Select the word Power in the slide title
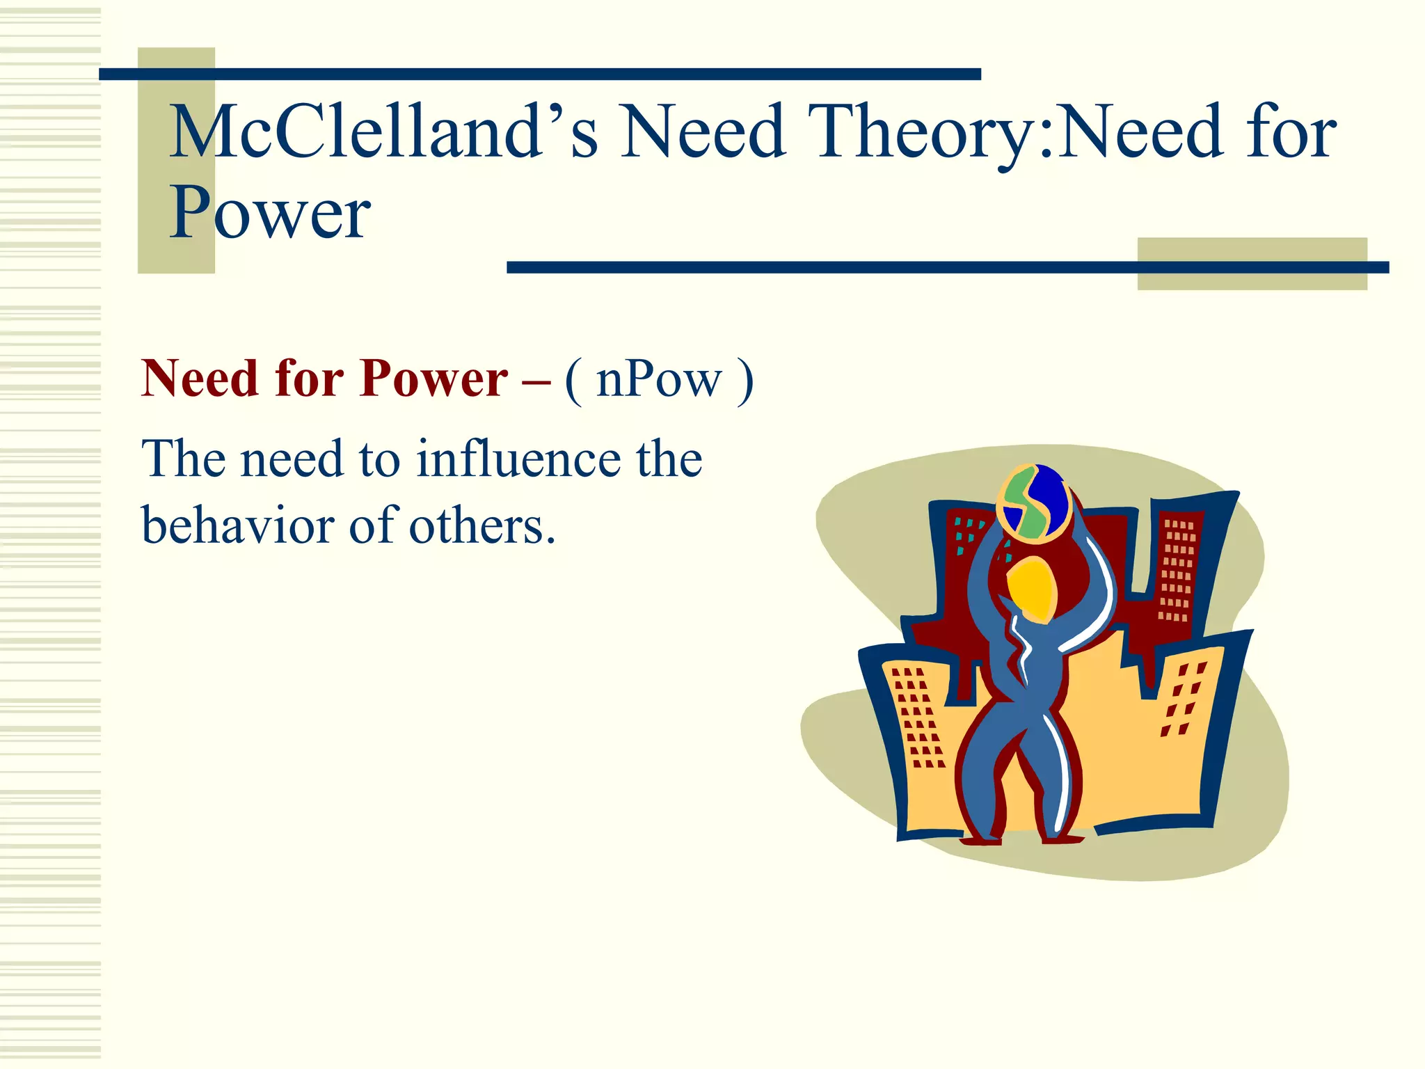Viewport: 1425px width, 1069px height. point(270,212)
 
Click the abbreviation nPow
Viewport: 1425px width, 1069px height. point(659,381)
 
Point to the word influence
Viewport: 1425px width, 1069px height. point(518,459)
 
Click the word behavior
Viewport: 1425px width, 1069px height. point(237,525)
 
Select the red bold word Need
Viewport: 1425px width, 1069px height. point(200,379)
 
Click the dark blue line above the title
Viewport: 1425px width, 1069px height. point(539,74)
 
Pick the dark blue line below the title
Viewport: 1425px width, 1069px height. point(821,267)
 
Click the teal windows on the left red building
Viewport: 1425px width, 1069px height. point(968,536)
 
